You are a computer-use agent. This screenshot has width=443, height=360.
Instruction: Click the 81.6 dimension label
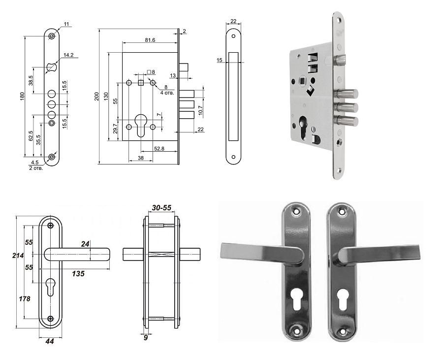(150, 40)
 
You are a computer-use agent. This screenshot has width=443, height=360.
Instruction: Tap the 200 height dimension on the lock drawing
(96, 97)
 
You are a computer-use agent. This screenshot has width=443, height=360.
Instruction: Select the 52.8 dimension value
(159, 148)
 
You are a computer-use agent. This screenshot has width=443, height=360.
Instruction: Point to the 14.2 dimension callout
(68, 55)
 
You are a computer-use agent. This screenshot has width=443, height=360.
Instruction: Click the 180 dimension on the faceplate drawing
(22, 96)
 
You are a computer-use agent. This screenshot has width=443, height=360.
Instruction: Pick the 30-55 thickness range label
(161, 208)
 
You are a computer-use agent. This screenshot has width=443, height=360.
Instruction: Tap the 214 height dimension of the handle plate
(18, 256)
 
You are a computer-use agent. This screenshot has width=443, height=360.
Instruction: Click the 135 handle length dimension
(78, 273)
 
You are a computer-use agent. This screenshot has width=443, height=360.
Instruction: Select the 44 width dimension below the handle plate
(50, 341)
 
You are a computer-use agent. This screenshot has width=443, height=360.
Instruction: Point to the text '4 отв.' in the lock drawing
(167, 93)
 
